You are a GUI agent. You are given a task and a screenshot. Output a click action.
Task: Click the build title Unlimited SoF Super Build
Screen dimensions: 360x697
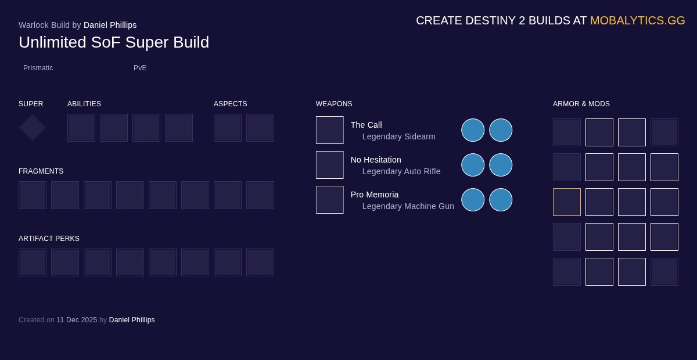[x=114, y=42]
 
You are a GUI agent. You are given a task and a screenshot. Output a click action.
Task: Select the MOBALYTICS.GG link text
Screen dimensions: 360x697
[x=637, y=21]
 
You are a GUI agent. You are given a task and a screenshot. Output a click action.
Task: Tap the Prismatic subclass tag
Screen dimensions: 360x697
[x=38, y=68]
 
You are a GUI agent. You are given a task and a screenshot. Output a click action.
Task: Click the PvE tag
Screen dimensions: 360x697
[x=140, y=68]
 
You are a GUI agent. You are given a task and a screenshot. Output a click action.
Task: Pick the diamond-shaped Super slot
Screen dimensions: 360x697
[x=33, y=128]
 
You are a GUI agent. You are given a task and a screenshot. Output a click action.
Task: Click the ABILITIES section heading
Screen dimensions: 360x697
[x=84, y=104]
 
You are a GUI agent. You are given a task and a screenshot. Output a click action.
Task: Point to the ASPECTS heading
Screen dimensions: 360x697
[x=231, y=104]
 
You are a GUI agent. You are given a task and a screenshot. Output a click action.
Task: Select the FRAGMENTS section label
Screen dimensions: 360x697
[x=41, y=171]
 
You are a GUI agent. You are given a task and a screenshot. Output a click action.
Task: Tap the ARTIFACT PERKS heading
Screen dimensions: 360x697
[x=49, y=239]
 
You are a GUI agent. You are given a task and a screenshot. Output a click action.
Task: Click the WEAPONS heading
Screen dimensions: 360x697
[x=334, y=104]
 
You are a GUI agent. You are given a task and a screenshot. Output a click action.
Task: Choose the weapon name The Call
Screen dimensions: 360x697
[x=367, y=125]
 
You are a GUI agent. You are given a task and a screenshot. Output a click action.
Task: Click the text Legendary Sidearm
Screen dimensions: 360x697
[x=399, y=136]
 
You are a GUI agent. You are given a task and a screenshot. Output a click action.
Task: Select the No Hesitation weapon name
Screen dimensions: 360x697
[x=376, y=160]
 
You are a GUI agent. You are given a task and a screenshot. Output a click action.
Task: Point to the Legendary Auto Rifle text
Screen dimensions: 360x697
[x=401, y=171]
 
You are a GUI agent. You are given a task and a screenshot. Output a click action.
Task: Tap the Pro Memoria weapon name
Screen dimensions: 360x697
[x=375, y=195]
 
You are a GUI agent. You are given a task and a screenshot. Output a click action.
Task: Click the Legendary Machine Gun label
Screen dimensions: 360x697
[x=408, y=206]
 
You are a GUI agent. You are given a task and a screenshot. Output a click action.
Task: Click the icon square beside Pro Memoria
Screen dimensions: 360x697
[x=330, y=200]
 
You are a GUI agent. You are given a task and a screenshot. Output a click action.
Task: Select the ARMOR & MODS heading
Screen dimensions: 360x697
[x=581, y=104]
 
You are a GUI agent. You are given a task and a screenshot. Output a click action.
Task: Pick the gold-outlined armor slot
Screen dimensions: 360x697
[x=567, y=202]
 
